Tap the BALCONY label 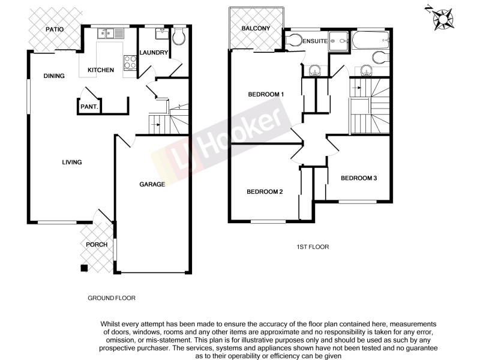(x=256, y=29)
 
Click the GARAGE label (x=152, y=184)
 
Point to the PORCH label (x=97, y=244)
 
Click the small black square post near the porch (x=84, y=268)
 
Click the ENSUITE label (x=314, y=41)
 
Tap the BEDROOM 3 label (x=359, y=178)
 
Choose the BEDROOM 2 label (x=265, y=191)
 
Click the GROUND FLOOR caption (x=112, y=298)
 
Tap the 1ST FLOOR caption (x=313, y=247)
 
